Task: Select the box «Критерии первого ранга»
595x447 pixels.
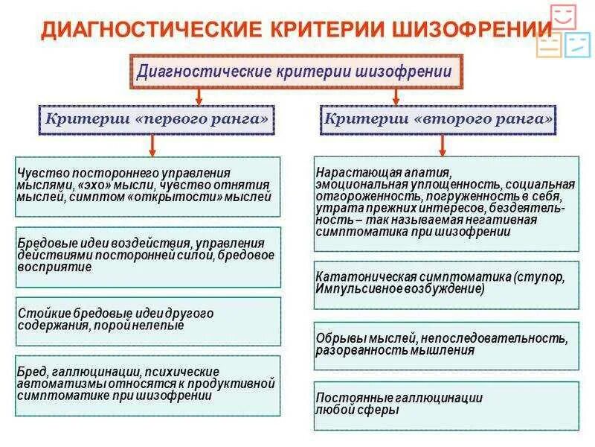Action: click(156, 118)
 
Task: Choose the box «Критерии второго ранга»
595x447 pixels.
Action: click(440, 118)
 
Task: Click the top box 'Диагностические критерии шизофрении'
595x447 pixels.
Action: click(295, 72)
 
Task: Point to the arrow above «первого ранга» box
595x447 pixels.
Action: click(199, 97)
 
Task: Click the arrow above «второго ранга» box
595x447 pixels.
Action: click(396, 97)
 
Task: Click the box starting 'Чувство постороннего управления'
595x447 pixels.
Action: click(148, 186)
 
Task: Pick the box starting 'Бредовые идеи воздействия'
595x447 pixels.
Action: click(148, 257)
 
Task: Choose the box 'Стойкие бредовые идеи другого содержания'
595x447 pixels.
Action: click(148, 321)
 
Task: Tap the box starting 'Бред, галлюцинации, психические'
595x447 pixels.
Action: click(148, 385)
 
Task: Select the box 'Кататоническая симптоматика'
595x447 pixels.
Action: click(446, 284)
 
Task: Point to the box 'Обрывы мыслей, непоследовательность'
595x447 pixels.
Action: click(446, 345)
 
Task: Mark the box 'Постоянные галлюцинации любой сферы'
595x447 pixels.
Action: click(446, 405)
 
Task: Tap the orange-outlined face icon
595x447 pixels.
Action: click(549, 45)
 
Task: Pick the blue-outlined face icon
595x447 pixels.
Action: click(577, 45)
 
